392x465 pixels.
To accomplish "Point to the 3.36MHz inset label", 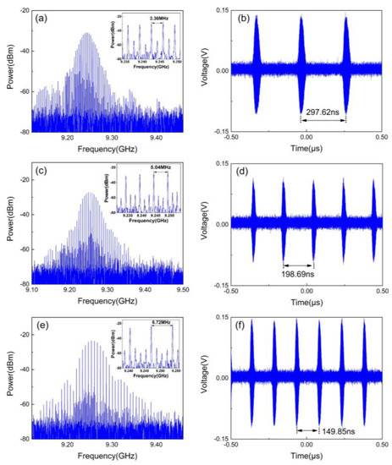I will click(158, 17).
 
